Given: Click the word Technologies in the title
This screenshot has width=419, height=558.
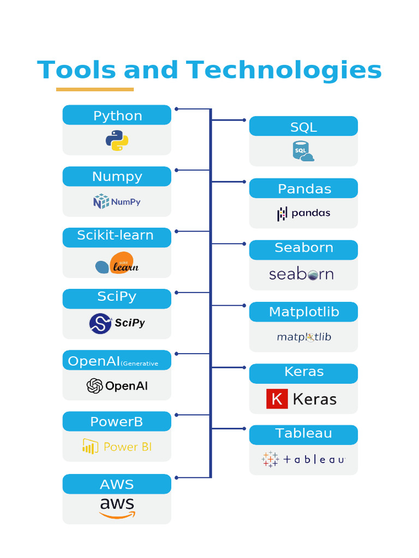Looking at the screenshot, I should (284, 71).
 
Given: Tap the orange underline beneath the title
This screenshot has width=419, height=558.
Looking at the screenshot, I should (95, 89).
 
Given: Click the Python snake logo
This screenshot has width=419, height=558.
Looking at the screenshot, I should (117, 141).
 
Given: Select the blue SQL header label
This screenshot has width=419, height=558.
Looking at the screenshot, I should (303, 126).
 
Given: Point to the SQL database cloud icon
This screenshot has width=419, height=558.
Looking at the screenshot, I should (303, 151).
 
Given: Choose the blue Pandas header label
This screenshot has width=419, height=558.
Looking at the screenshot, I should (303, 189).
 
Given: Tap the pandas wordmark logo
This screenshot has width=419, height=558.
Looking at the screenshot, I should (304, 213).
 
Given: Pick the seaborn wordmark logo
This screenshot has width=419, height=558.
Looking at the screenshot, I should (301, 274).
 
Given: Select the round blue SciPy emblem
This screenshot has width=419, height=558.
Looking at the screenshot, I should (100, 324).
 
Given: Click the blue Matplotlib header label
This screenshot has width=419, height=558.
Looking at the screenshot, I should (303, 312).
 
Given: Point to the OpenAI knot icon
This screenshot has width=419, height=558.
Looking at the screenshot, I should (94, 386).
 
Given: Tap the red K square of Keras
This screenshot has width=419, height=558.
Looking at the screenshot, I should (277, 399).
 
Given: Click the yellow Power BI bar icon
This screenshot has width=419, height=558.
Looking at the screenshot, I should (90, 446).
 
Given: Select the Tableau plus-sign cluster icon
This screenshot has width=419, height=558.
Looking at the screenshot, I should (270, 459).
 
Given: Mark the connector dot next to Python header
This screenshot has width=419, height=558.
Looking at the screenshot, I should (176, 109).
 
